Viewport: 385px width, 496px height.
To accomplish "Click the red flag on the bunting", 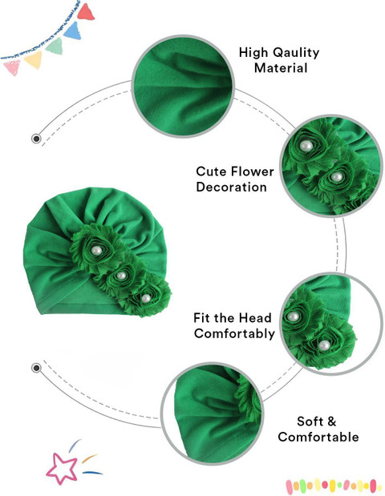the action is click(85, 12).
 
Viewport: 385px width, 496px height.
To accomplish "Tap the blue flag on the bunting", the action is click(73, 30).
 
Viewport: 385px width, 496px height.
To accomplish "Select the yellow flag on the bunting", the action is click(34, 59).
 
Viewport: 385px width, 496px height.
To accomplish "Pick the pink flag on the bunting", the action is click(12, 68).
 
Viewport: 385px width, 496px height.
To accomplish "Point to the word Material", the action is click(281, 68).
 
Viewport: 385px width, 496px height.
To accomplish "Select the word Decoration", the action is click(231, 187).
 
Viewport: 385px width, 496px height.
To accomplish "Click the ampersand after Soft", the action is click(331, 421).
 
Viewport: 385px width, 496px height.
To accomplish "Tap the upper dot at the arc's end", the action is click(36, 139).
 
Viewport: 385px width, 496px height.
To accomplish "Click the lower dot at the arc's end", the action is click(36, 368).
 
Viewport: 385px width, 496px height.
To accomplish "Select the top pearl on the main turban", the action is click(96, 251).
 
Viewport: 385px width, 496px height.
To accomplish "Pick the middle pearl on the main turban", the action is click(121, 276).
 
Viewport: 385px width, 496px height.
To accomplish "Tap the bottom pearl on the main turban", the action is click(146, 298).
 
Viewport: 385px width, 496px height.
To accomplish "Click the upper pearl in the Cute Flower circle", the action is click(306, 146).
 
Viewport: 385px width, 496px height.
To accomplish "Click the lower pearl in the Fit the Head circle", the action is click(324, 345).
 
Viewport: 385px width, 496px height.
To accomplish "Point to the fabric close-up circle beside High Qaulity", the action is click(183, 86).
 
